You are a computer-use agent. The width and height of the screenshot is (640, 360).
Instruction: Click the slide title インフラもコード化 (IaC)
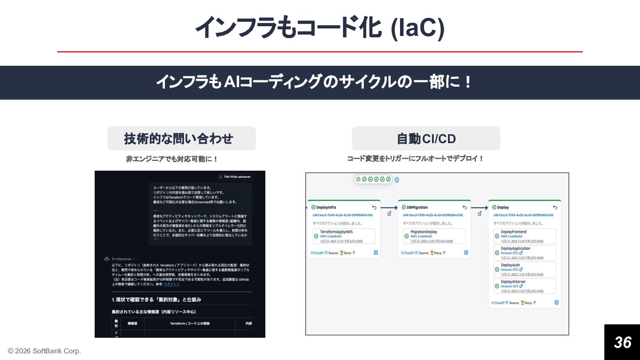[320, 28]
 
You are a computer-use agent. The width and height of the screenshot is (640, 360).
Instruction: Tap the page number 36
[622, 342]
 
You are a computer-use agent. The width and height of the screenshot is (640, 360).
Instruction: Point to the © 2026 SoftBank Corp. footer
[44, 351]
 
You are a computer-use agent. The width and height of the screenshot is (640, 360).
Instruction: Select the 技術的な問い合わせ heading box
[181, 139]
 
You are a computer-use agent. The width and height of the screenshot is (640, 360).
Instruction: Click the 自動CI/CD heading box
[426, 139]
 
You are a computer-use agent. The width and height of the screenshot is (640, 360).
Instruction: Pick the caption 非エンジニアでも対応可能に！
[172, 159]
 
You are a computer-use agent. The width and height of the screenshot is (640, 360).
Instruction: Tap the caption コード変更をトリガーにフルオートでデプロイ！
[415, 159]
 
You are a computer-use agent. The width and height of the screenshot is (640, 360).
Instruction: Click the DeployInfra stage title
[326, 207]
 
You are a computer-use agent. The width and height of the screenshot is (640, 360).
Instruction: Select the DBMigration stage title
[417, 207]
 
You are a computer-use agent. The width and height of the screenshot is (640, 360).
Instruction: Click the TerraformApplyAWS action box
[344, 236]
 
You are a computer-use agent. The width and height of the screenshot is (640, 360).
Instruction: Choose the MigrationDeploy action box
[434, 236]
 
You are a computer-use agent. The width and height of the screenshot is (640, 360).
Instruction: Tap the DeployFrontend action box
[524, 236]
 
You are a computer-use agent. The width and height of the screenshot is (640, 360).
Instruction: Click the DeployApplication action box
[524, 253]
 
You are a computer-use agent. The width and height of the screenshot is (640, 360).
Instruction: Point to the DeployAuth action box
[524, 269]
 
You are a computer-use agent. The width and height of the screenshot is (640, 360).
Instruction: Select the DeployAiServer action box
[524, 286]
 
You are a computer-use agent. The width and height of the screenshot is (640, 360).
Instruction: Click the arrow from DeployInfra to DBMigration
[389, 207]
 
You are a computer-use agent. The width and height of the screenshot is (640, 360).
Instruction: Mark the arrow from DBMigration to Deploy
[479, 207]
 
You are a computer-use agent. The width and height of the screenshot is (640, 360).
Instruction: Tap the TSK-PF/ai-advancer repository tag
[235, 176]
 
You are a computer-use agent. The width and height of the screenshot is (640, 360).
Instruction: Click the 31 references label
[123, 259]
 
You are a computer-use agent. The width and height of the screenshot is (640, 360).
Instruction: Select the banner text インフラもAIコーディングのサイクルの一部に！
[314, 82]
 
